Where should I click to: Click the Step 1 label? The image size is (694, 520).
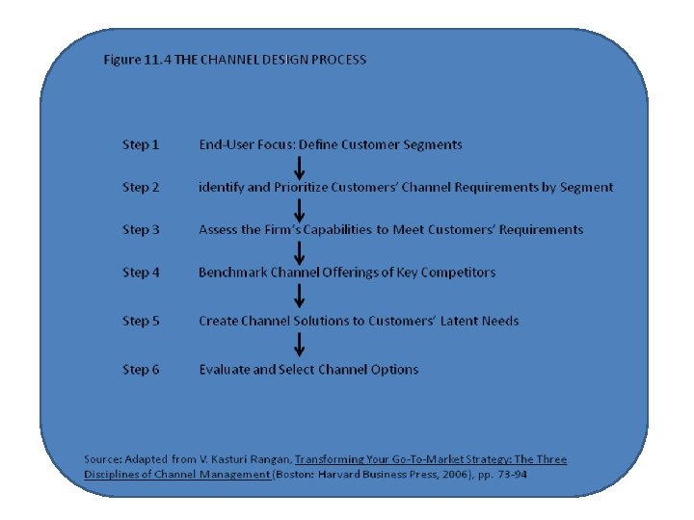(x=141, y=144)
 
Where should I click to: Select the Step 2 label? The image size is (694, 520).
(x=141, y=187)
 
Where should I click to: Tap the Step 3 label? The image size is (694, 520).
(x=141, y=229)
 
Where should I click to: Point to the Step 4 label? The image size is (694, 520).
(x=141, y=272)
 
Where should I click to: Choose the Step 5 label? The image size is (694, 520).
(x=141, y=321)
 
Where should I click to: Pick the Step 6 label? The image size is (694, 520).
(x=141, y=369)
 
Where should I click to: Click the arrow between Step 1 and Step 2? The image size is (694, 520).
(x=300, y=167)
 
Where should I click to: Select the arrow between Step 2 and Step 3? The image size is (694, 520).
(x=300, y=209)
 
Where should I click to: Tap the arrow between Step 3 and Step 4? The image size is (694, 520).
(x=300, y=251)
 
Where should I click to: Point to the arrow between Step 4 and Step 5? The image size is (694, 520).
(x=300, y=297)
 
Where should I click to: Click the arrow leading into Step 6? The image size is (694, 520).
(x=300, y=345)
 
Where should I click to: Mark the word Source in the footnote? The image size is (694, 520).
(x=102, y=459)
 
